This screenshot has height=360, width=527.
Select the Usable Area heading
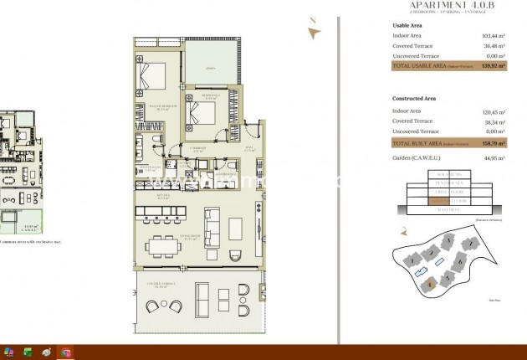click(x=408, y=26)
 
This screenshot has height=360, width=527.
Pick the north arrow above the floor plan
click(x=314, y=30)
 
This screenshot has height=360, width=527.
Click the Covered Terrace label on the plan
click(x=164, y=285)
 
